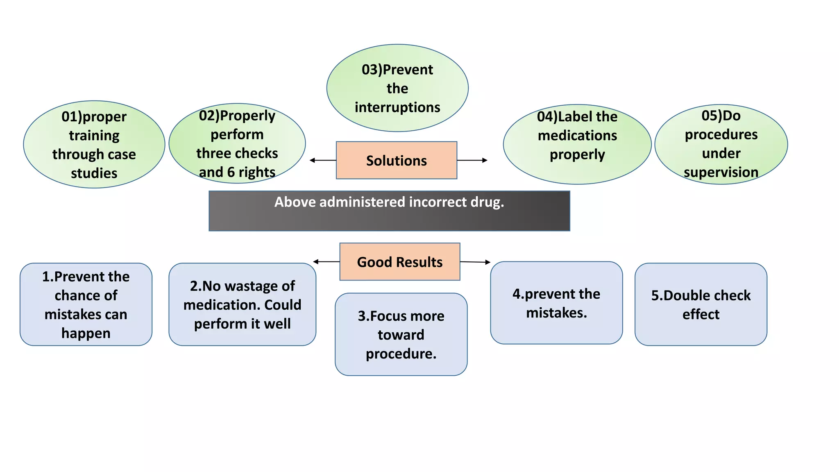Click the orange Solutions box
[396, 160]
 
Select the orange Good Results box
[399, 262]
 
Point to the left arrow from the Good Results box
[326, 261]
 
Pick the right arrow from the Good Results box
[475, 262]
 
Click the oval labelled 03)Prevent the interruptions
[397, 88]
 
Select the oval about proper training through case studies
[94, 145]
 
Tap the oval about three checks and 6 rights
[237, 143]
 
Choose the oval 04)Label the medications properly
[577, 144]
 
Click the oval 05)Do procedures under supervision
[721, 144]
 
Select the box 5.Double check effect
[701, 304]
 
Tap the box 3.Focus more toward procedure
[401, 334]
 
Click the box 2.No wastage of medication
[242, 304]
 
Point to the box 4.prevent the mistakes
[556, 303]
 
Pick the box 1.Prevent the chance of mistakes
[86, 304]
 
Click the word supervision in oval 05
[721, 172]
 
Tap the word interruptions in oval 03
[397, 107]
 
